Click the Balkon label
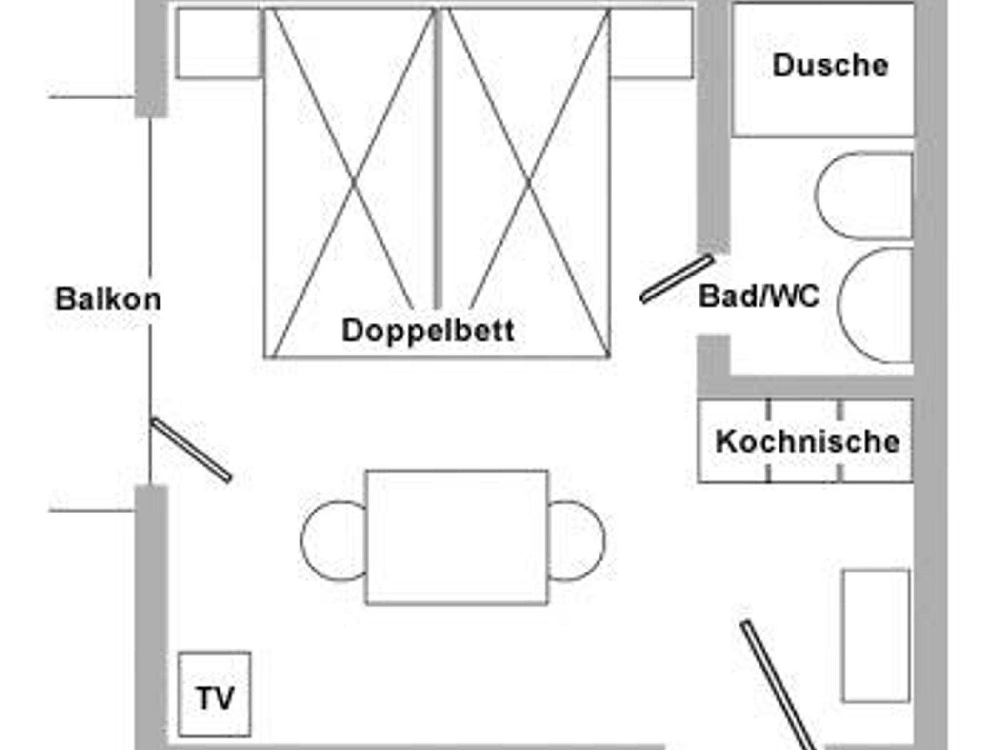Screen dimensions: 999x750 tap(108, 299)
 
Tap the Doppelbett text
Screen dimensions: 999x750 tap(428, 331)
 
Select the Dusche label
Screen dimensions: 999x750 tap(830, 65)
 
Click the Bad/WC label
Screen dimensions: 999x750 tap(759, 296)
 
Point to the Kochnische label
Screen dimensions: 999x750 tap(807, 441)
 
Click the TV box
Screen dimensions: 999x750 tap(215, 694)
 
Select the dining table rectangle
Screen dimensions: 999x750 tap(457, 537)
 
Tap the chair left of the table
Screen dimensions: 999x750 tap(333, 541)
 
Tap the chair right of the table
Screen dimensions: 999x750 tap(577, 541)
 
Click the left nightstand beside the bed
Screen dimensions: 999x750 tap(219, 43)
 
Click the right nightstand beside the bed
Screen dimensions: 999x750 tap(651, 43)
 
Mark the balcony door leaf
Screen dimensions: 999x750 tap(191, 449)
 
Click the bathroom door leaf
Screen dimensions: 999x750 tap(677, 279)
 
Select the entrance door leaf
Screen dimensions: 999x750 tap(778, 685)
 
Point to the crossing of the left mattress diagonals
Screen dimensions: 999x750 tap(354, 183)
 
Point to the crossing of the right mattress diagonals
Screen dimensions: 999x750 tap(529, 183)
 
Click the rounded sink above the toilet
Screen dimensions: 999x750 tap(864, 196)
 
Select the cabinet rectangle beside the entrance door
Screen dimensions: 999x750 tap(876, 636)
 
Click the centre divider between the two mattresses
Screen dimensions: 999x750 tap(438, 158)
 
